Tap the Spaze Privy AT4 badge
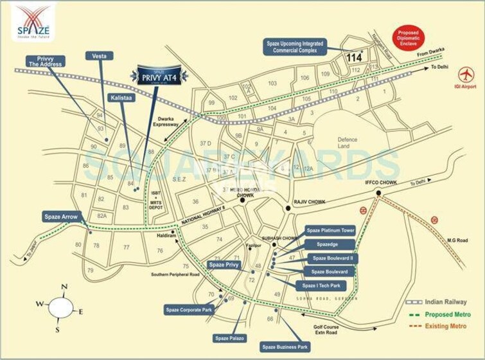point(163,76)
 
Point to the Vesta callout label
point(99,56)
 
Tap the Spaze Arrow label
point(61,217)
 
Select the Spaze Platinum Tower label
point(330,230)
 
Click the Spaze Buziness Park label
point(285,346)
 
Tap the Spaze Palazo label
point(231,337)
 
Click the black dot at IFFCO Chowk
point(378,193)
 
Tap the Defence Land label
point(348,143)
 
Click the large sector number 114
point(354,58)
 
